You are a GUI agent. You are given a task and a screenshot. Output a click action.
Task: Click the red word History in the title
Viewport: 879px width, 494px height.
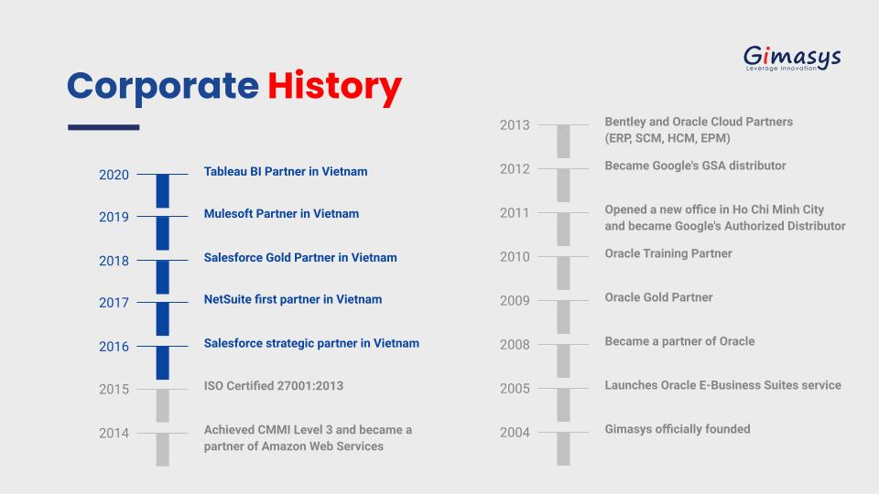click(x=335, y=88)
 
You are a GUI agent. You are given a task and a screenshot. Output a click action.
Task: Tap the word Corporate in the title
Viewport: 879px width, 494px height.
click(x=163, y=87)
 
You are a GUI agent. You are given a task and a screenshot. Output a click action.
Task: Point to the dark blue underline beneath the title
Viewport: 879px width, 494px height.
click(x=103, y=128)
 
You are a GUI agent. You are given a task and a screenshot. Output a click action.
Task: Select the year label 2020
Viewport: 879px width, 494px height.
click(x=114, y=175)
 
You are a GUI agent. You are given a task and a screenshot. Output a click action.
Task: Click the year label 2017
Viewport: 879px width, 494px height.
click(x=114, y=303)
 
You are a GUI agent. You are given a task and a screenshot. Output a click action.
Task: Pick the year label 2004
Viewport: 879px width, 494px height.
click(x=515, y=433)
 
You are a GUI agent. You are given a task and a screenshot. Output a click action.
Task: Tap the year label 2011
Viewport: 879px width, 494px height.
click(x=515, y=213)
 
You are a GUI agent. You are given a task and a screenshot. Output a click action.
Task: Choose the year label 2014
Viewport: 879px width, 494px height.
click(x=114, y=433)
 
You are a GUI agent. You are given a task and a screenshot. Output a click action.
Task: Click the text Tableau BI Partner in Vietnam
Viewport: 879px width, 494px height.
click(x=286, y=171)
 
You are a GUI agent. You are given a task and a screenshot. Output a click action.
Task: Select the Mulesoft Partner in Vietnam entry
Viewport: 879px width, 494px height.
click(x=281, y=213)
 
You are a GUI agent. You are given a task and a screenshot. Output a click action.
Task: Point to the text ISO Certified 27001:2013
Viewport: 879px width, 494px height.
click(x=274, y=386)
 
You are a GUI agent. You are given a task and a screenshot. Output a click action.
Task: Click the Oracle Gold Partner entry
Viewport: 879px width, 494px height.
click(x=658, y=297)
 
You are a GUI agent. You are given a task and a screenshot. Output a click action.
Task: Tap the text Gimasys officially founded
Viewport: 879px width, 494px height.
click(x=678, y=429)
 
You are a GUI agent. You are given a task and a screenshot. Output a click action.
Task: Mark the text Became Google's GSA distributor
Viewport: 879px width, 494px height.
click(x=695, y=166)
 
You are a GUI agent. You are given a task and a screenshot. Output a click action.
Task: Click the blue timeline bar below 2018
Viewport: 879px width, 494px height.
click(x=163, y=276)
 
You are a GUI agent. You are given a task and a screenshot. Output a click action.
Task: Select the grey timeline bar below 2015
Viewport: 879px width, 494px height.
click(x=163, y=405)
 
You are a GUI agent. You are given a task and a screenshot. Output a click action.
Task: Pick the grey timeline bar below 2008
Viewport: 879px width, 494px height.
click(x=563, y=361)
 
